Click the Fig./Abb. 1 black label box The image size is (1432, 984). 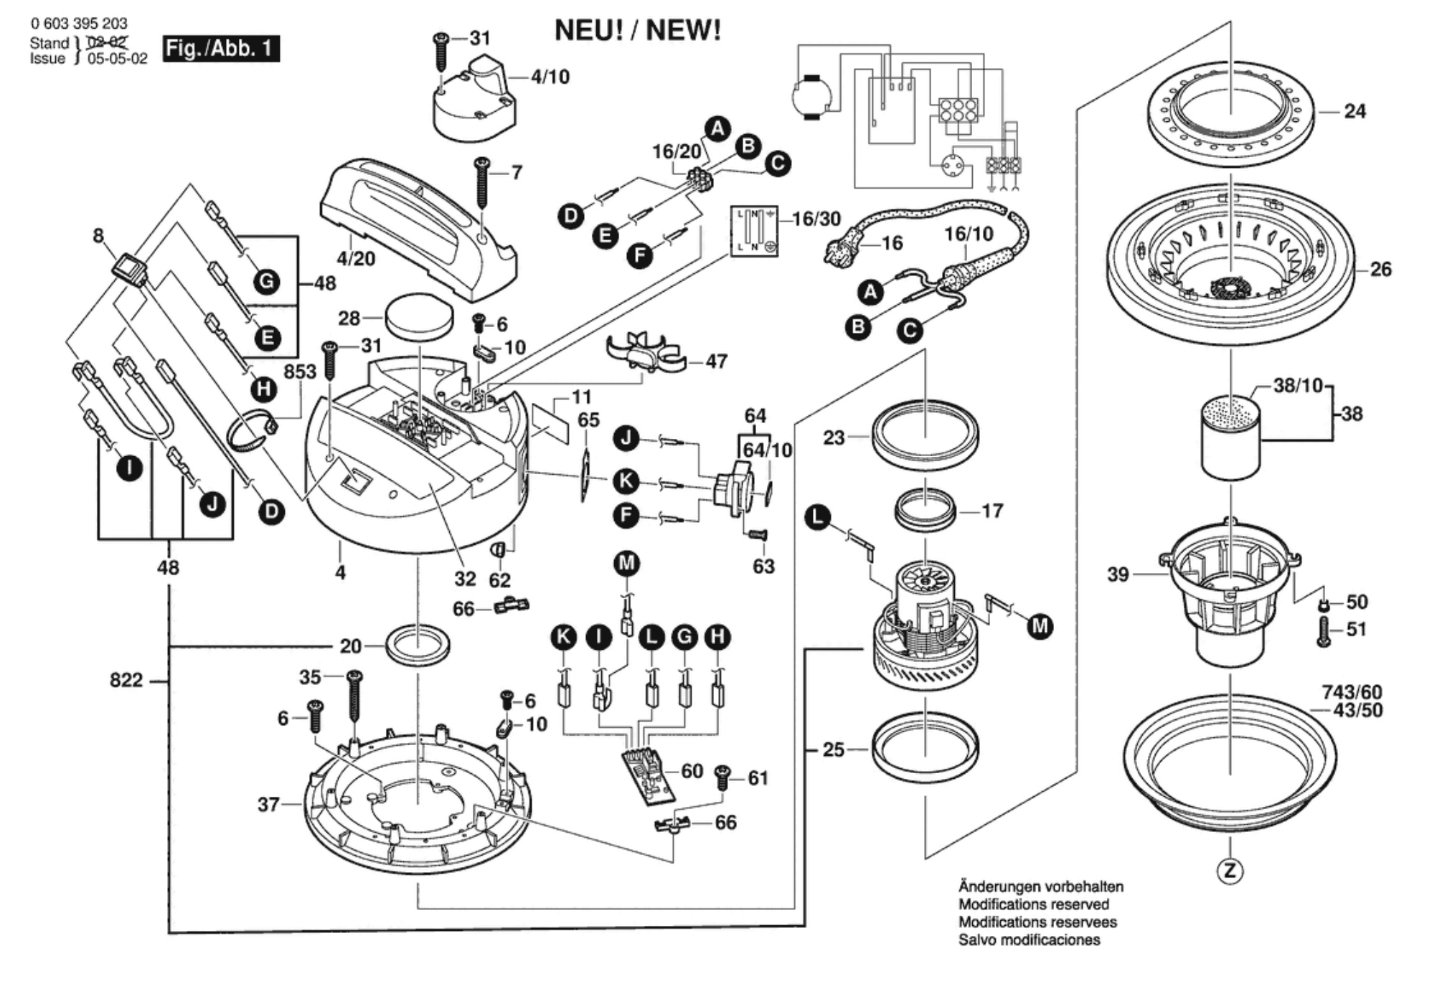(220, 49)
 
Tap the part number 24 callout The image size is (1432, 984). (1355, 111)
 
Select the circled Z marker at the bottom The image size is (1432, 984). (1230, 871)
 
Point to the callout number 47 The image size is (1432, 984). (716, 361)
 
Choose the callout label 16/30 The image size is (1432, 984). (816, 218)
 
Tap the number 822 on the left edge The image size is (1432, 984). (126, 680)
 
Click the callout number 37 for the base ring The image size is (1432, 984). (268, 805)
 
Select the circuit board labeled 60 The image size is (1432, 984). (649, 775)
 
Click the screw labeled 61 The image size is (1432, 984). (722, 778)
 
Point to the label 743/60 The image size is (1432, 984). (1352, 692)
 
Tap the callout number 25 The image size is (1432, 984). (833, 749)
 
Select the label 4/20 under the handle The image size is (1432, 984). (356, 258)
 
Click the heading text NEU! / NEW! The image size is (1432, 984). (638, 31)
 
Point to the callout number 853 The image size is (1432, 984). (299, 372)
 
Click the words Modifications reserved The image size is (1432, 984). (1033, 904)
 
